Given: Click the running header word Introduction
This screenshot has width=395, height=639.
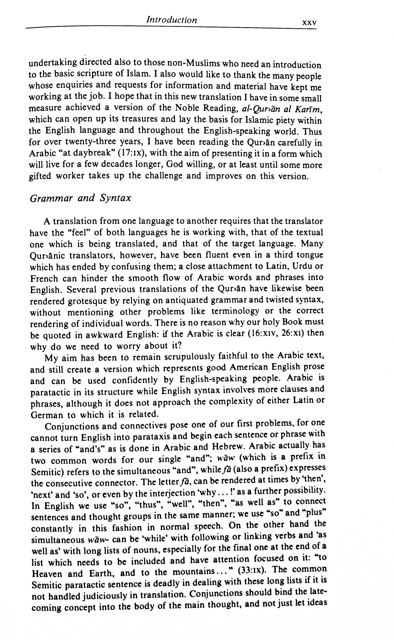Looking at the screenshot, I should click(x=171, y=20).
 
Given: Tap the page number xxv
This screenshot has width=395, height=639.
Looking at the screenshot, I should click(x=309, y=23).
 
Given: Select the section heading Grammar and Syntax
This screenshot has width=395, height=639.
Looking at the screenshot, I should click(x=80, y=198).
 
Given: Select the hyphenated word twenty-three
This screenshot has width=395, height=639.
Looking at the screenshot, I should click(x=90, y=142).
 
